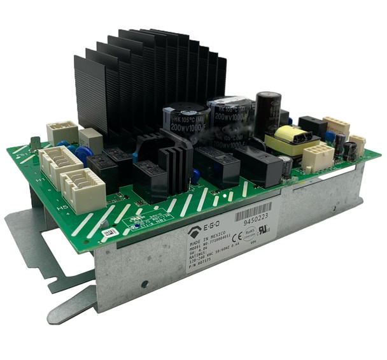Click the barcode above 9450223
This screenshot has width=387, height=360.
coord(253,209)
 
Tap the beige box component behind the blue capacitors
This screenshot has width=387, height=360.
coord(90,140)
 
